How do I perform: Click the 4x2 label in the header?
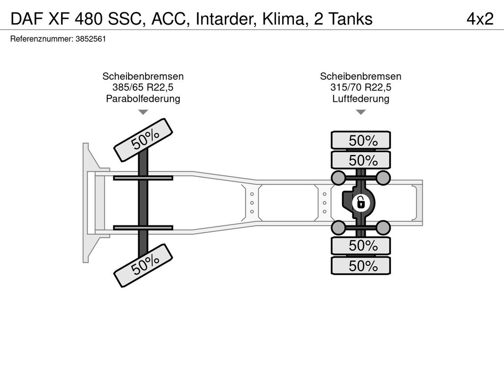[479, 19]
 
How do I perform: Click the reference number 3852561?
[91, 39]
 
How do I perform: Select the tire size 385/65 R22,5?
[143, 88]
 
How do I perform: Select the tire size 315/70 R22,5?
[361, 88]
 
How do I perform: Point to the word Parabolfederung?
[143, 99]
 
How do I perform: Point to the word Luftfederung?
[361, 99]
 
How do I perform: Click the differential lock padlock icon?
[361, 202]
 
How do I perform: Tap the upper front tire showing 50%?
[144, 139]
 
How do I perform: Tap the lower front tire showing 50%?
[144, 265]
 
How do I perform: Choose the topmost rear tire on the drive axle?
[361, 140]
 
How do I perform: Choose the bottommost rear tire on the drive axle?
[361, 266]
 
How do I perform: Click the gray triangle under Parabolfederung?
[143, 112]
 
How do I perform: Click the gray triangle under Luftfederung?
[361, 112]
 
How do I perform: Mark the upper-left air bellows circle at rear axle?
[338, 177]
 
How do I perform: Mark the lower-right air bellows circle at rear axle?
[384, 227]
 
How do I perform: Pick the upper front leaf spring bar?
[143, 178]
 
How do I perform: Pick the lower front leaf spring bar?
[143, 227]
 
